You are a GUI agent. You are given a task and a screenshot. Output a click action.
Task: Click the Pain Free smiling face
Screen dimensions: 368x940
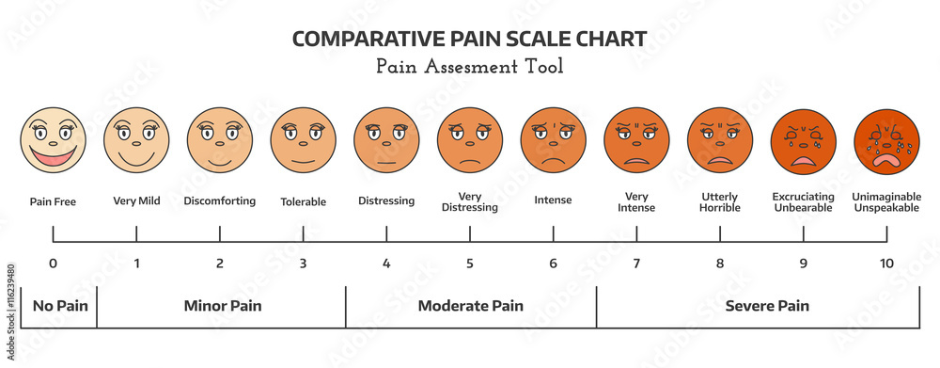54,139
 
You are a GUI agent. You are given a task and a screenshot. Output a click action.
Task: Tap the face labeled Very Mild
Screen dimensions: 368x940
136,139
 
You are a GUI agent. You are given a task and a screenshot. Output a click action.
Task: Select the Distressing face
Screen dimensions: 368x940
386,139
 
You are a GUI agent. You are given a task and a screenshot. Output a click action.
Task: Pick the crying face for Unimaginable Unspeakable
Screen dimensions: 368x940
886,139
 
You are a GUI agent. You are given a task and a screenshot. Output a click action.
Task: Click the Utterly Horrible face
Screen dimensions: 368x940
720,139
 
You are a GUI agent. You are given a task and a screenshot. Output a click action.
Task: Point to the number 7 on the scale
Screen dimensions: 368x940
636,264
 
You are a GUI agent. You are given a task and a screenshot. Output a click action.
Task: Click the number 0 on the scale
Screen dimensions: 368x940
53,264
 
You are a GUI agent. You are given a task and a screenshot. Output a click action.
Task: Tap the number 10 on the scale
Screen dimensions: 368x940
886,264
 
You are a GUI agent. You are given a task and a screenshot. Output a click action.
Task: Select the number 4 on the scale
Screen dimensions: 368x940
386,264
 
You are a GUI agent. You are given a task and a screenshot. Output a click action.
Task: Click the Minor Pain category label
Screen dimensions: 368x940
222,306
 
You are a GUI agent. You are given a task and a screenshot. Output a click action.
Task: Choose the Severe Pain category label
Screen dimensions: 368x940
767,306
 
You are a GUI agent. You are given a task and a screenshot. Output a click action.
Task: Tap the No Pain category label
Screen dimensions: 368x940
55,306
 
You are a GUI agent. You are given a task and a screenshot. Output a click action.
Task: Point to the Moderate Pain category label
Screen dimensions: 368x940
471,306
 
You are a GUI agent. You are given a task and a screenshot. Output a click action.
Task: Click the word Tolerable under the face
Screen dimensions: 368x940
304,201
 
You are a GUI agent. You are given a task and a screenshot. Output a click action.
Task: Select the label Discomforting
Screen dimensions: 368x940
220,200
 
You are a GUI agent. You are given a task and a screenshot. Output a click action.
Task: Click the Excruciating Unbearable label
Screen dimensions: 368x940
803,201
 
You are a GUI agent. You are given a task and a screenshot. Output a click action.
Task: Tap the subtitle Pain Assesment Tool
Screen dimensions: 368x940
469,67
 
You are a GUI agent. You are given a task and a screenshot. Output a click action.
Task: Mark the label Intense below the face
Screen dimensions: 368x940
553,200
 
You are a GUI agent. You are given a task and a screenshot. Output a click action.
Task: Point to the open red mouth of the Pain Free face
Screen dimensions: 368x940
54,153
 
